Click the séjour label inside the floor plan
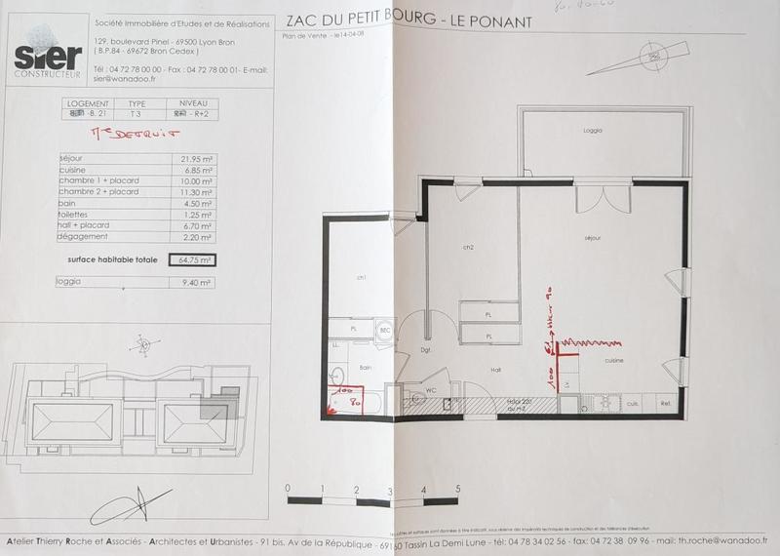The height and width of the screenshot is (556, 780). [591, 237]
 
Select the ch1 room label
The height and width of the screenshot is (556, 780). [362, 278]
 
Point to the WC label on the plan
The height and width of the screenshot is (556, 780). [430, 390]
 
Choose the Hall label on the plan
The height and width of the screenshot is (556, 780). [495, 370]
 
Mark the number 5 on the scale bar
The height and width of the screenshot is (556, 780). [457, 489]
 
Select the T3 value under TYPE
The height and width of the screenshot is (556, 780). [136, 111]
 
